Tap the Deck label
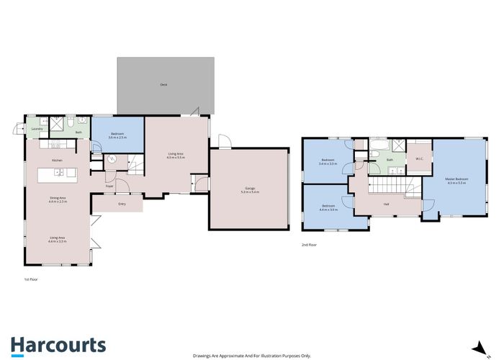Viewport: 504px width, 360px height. pyautogui.click(x=165, y=85)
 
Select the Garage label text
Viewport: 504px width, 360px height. pyautogui.click(x=248, y=188)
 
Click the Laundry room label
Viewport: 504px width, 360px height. pyautogui.click(x=37, y=129)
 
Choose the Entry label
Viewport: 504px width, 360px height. pyautogui.click(x=120, y=204)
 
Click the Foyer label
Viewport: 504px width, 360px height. pyautogui.click(x=109, y=186)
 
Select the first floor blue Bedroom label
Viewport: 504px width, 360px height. pyautogui.click(x=117, y=134)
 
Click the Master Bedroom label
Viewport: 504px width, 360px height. pyautogui.click(x=456, y=179)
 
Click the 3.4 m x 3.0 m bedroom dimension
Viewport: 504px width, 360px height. pyautogui.click(x=328, y=164)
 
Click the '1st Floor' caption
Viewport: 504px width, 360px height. pyautogui.click(x=31, y=277)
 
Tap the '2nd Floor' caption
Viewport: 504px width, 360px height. pyautogui.click(x=310, y=246)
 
